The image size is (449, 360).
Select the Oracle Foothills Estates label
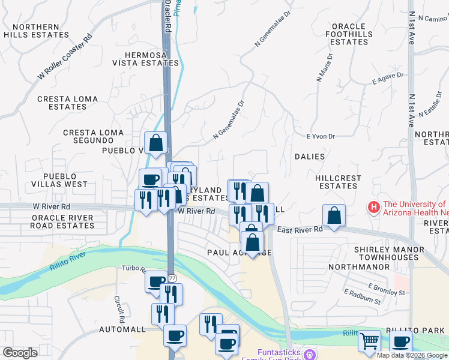pos(349,34)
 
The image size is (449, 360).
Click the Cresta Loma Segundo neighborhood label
pos(94,136)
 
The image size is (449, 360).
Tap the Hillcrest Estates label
pos(339,182)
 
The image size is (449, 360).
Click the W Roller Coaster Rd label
pos(65,56)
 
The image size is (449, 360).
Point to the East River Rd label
pos(300,229)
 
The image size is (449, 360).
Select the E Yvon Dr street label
pos(320,137)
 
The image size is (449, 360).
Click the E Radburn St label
pos(363,296)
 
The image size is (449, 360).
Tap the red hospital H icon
pos(374,208)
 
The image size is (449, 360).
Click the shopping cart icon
pos(370,341)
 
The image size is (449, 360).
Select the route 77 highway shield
pos(172,278)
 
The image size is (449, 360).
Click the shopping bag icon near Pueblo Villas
pos(155,142)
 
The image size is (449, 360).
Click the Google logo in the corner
pos(20,353)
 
